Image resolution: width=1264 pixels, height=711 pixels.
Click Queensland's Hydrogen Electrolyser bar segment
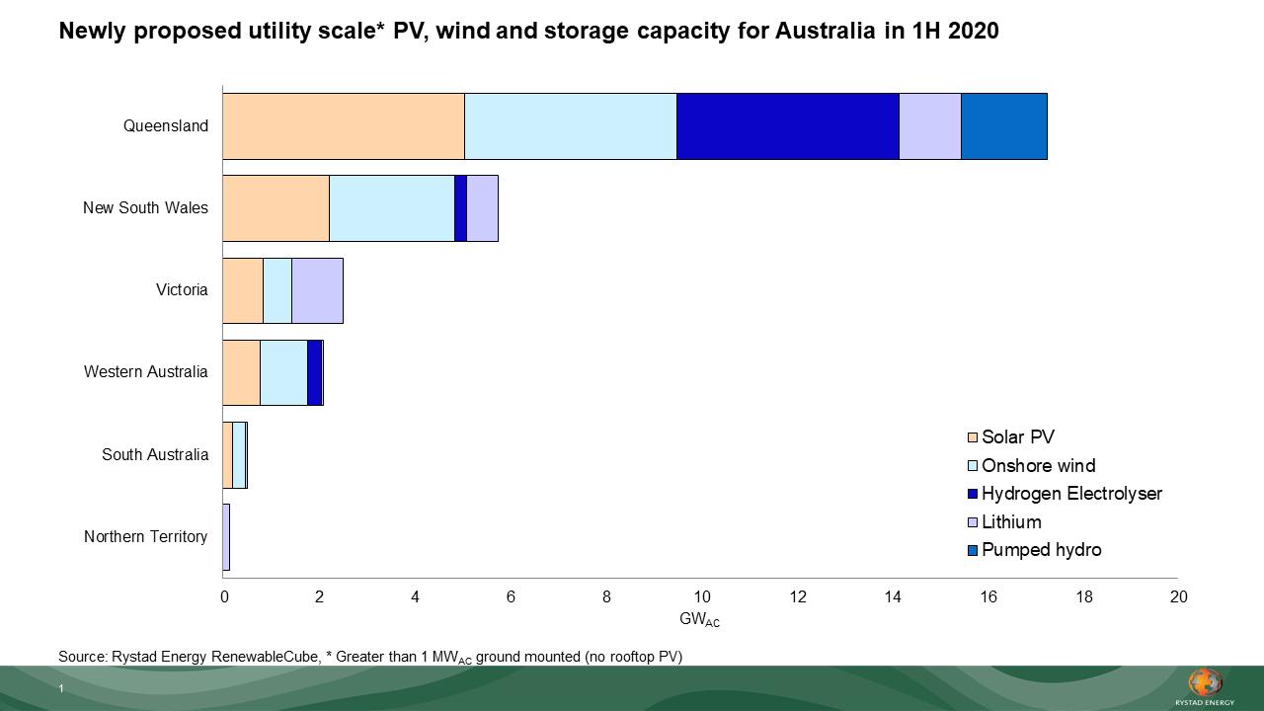787,126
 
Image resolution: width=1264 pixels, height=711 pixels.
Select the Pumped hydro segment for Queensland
1003,126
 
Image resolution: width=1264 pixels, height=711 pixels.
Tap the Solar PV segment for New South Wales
276,208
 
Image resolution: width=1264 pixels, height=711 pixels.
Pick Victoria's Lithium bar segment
317,290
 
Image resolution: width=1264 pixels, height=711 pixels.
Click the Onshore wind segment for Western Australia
283,372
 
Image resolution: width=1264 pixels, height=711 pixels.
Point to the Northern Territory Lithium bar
226,537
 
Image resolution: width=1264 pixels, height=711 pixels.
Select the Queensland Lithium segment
929,126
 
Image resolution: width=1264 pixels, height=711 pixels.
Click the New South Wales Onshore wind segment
391,208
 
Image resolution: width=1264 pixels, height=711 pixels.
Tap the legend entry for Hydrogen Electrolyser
1070,494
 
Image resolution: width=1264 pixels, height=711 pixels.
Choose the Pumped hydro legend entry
1040,550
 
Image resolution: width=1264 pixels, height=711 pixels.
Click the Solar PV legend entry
1017,437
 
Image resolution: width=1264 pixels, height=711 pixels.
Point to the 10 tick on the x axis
701,596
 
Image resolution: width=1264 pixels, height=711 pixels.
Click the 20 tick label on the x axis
1178,596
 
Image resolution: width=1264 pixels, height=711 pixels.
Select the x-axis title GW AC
699,620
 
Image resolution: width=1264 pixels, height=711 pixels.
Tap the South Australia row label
155,455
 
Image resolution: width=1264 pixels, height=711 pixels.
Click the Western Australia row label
145,372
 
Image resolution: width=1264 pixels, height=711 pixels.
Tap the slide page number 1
60,689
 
